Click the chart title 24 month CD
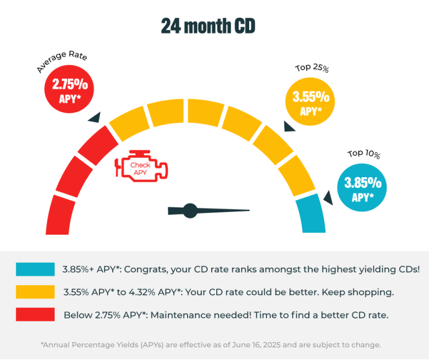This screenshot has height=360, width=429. pos(208,26)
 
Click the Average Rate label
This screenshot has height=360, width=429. pos(62,63)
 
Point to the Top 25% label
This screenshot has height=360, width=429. pos(312,69)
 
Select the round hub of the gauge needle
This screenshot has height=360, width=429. pos(190,211)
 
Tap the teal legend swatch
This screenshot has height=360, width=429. pos(35,269)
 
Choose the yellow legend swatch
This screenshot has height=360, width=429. pos(35,292)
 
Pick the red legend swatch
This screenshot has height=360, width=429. pos(35,314)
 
